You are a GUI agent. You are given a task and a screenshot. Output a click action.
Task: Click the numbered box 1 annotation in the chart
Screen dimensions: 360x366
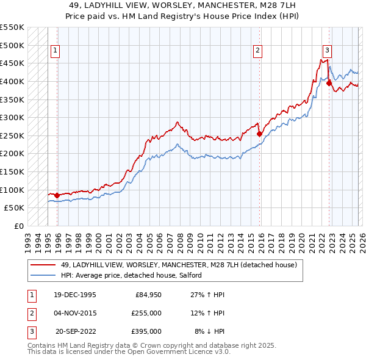pos(56,51)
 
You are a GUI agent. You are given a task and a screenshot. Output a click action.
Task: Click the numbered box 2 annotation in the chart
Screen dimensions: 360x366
pos(258,51)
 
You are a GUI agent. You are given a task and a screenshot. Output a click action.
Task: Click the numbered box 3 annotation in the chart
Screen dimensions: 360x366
pos(328,51)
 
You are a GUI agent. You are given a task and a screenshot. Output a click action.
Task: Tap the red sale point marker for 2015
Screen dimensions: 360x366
pos(259,134)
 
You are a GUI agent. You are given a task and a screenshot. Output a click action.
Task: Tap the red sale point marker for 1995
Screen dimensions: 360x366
pos(57,195)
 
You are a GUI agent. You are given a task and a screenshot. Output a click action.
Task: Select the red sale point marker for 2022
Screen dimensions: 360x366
pos(329,83)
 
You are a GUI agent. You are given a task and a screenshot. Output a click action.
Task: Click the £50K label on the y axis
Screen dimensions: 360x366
pos(14,208)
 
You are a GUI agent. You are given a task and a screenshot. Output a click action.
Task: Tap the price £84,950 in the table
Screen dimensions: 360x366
pos(146,295)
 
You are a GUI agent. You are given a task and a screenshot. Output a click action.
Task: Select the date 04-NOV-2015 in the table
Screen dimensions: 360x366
pos(74,313)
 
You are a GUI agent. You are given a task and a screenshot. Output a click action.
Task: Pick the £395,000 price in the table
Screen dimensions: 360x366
pos(146,331)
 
